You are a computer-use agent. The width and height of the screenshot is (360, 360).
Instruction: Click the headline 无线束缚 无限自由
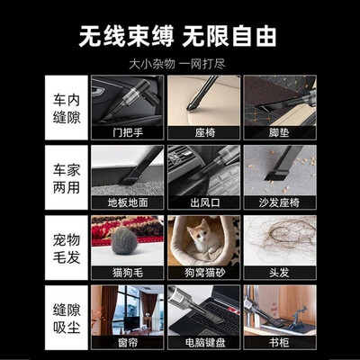pos(177,36)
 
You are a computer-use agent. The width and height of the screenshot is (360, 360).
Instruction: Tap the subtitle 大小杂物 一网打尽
pos(177,64)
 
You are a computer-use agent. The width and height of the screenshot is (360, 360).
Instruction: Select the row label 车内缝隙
pos(67,108)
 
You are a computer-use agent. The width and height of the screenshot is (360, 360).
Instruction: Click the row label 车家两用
pos(67,178)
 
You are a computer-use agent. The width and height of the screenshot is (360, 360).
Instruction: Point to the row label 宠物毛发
pos(67,248)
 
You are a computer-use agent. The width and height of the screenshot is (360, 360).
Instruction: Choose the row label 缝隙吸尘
pos(67,319)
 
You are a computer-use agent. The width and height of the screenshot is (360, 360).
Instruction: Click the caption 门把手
pos(128,132)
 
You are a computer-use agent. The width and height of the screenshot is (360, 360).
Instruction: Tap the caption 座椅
pos(205,132)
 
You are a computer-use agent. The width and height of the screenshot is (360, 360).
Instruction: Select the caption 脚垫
pos(279,132)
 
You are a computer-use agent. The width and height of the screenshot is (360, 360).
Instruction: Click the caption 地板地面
pos(128,202)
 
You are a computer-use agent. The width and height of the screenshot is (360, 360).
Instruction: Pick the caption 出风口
pos(205,202)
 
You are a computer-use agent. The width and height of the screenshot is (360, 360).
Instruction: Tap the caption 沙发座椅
pos(279,202)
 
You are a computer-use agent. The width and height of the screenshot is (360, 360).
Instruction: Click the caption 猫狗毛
pos(128,273)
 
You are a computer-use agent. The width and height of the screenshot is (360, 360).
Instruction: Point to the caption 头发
pos(279,273)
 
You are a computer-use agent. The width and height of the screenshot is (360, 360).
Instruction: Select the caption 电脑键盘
pos(205,343)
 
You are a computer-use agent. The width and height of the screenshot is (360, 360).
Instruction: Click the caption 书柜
pos(279,343)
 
